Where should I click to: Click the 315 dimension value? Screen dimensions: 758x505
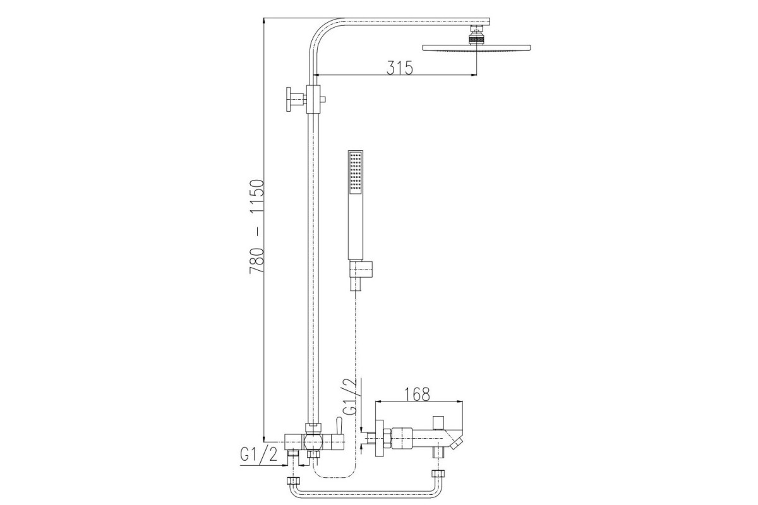coord(400,68)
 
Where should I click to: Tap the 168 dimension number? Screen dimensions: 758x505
coord(418,394)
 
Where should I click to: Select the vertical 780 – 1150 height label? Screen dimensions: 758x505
coord(256,226)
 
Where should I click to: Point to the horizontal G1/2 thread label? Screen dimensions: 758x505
coord(258,454)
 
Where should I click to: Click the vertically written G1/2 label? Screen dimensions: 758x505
coord(350,396)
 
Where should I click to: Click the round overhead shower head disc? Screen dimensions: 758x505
coord(476,48)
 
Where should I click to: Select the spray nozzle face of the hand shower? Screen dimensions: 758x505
coord(355,173)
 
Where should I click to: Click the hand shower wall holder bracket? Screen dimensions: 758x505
coord(361,270)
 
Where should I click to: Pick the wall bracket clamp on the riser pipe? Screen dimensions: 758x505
coord(313,99)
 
